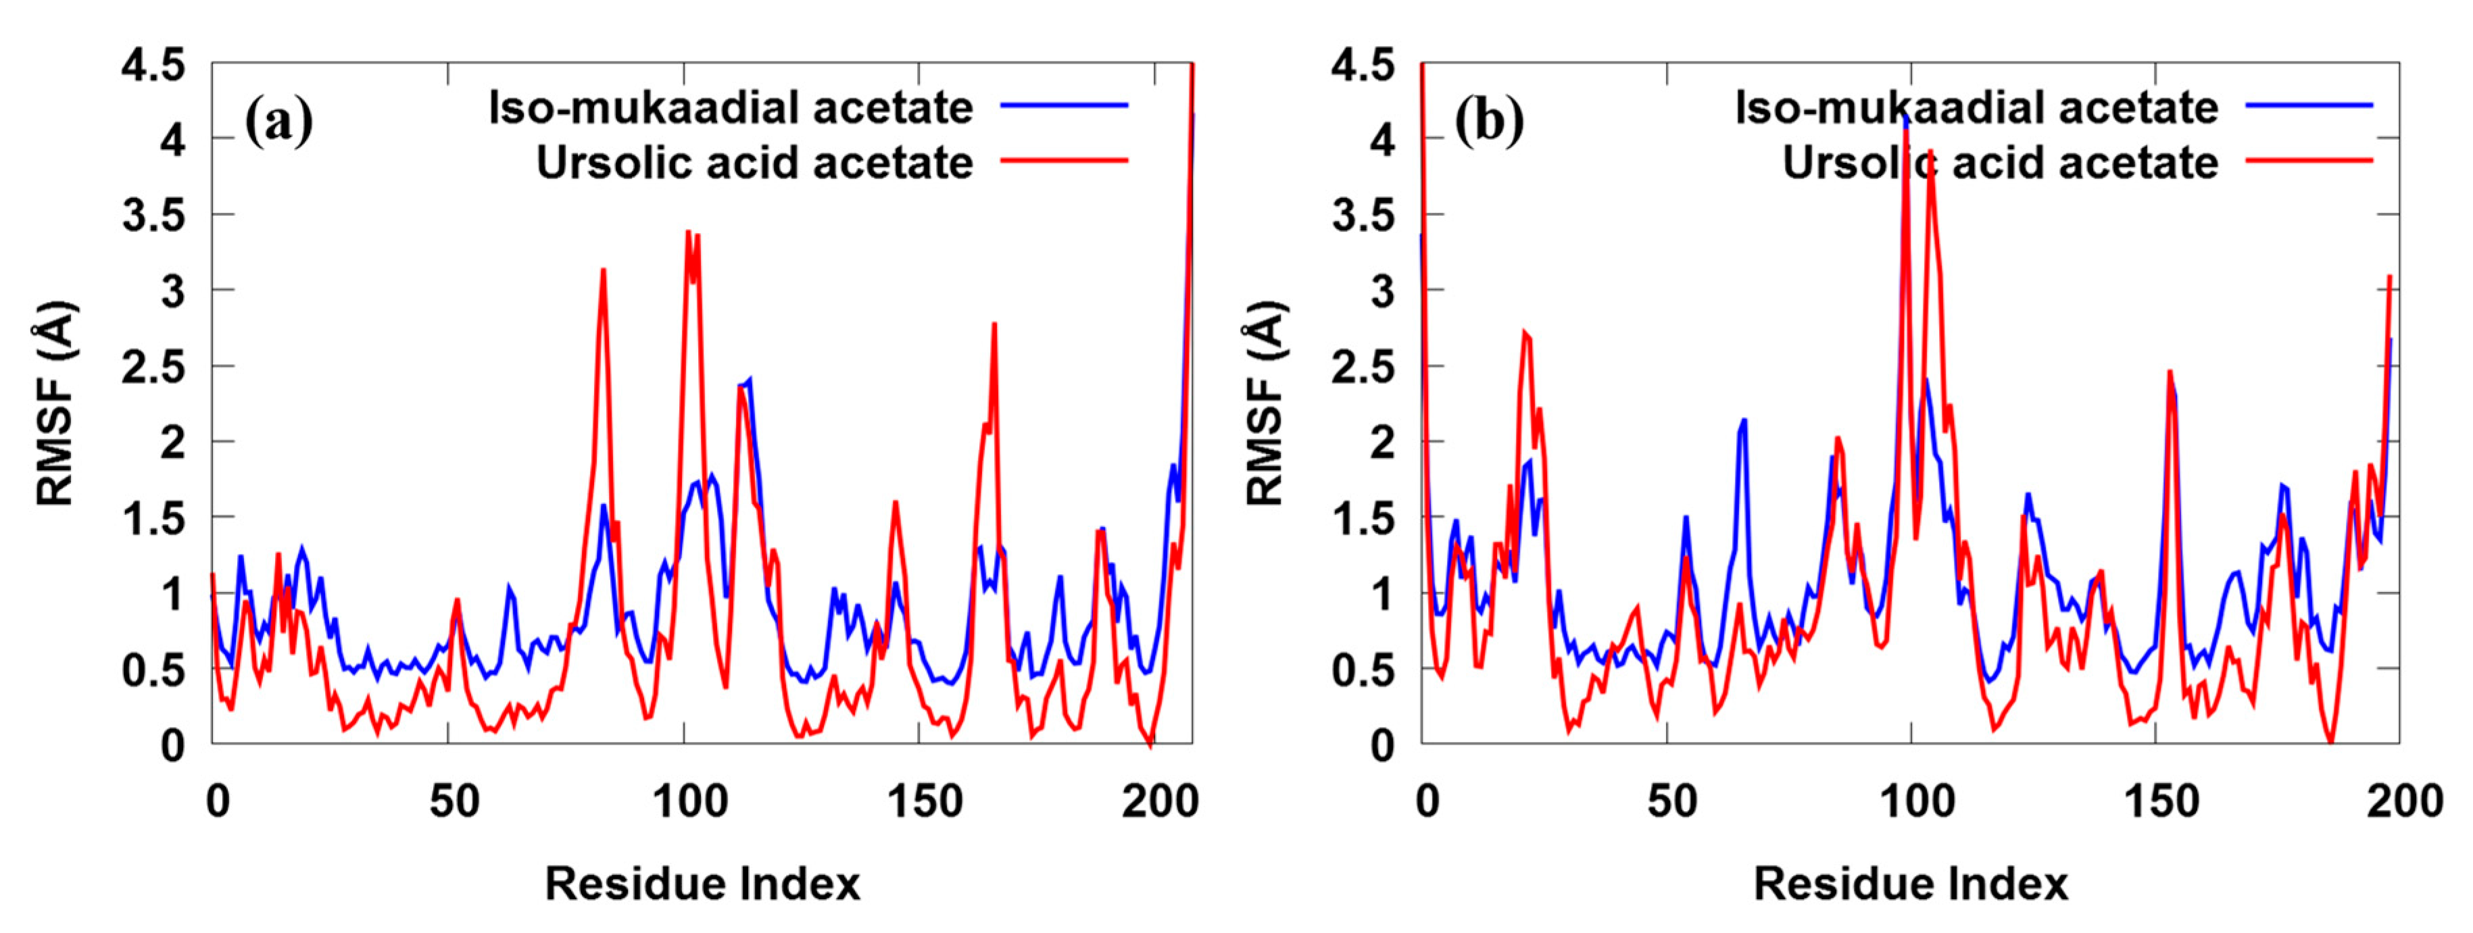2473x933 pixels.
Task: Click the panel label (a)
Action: [278, 122]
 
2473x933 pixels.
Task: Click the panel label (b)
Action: [1488, 122]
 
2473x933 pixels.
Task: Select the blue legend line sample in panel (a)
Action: [1064, 105]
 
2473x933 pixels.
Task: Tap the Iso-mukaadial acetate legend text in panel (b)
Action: [1976, 107]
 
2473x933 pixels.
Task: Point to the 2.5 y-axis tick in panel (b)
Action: [1363, 367]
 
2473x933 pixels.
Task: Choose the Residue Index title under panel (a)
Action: [702, 883]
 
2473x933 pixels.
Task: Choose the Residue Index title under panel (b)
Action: [1911, 883]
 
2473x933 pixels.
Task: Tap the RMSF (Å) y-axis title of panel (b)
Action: [1265, 403]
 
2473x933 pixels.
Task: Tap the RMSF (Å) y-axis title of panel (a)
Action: [55, 403]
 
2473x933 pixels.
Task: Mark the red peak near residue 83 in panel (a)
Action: [603, 272]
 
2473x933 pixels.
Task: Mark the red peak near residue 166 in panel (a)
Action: [995, 326]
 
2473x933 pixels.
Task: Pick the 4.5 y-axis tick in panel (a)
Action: [153, 66]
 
